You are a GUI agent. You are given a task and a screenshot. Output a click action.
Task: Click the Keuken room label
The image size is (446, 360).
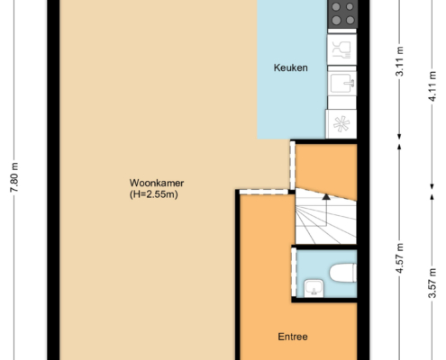coord(290,67)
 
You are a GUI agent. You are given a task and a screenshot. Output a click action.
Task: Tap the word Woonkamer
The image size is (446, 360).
coord(157,183)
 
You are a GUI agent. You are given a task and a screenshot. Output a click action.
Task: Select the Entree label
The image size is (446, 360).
coord(293,337)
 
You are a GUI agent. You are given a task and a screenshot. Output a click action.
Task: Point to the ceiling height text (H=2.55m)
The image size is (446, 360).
coord(154,194)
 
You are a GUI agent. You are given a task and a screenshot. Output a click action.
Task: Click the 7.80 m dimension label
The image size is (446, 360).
coord(14,177)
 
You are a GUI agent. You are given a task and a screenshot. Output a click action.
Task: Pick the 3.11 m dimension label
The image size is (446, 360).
coord(399,61)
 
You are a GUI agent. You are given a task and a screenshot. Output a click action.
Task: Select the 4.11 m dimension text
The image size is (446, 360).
coord(432,86)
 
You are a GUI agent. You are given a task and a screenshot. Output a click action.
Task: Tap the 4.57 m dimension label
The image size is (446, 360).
coord(399,258)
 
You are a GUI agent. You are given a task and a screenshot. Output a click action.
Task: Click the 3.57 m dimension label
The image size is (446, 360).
coord(432,283)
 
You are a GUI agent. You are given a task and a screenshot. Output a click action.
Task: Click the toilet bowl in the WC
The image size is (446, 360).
coord(343,273)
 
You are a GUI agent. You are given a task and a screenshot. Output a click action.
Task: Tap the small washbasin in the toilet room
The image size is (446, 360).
coord(314,288)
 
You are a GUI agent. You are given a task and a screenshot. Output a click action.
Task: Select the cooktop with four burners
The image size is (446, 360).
coord(342,13)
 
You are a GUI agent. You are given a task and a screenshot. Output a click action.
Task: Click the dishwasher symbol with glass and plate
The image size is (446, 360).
coord(341,49)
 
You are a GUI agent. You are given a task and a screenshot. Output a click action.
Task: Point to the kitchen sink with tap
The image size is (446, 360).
coord(342,84)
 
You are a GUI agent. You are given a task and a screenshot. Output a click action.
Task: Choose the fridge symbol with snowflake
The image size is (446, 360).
coord(341,124)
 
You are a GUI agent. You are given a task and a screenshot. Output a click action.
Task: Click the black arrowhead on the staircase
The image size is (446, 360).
coord(326,197)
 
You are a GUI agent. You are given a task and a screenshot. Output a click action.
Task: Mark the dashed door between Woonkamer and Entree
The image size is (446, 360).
coord(264,192)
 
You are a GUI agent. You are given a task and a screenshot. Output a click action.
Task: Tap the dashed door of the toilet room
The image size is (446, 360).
coord(294,273)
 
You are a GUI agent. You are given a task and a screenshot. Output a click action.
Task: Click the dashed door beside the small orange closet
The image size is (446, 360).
coord(292,165)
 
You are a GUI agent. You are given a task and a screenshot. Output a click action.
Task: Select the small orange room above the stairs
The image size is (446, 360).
coord(326,169)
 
